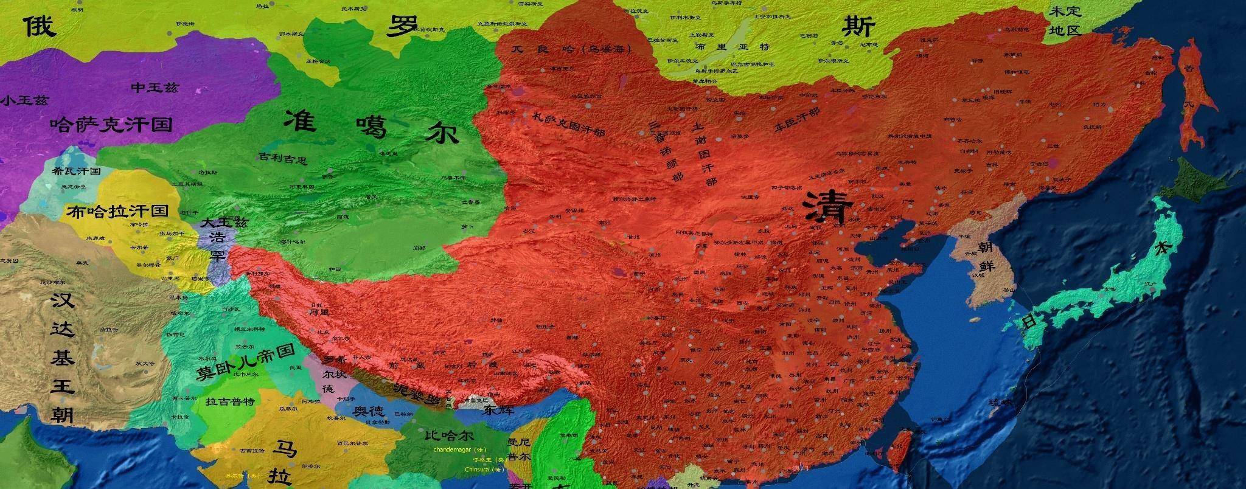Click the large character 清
tap(827, 207)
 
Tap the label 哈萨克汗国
tap(111, 125)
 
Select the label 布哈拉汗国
tap(117, 211)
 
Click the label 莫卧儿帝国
tap(245, 363)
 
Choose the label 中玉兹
tap(155, 88)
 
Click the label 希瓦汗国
tap(76, 172)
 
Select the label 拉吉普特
tap(229, 401)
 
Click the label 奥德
tap(369, 411)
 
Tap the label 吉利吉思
tap(283, 159)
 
